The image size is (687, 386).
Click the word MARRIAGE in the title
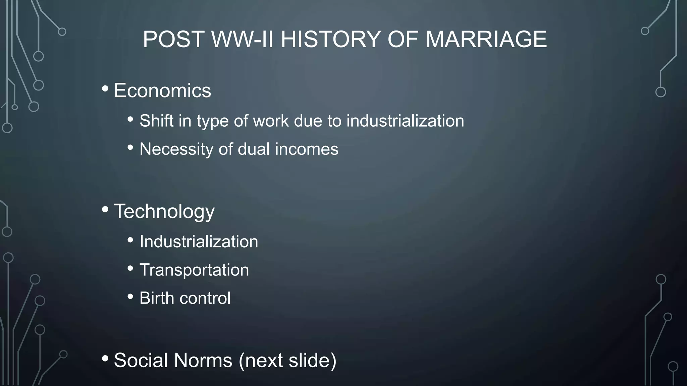pyautogui.click(x=486, y=39)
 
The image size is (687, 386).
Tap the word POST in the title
pyautogui.click(x=173, y=39)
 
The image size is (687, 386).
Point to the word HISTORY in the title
pyautogui.click(x=331, y=39)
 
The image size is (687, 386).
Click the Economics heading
pyautogui.click(x=162, y=90)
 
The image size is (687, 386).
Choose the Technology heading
pyautogui.click(x=164, y=211)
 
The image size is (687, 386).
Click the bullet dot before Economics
pyautogui.click(x=105, y=89)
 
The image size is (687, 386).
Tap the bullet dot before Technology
pyautogui.click(x=105, y=209)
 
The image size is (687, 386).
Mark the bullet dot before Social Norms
pyautogui.click(x=105, y=359)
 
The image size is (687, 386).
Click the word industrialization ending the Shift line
pyautogui.click(x=405, y=121)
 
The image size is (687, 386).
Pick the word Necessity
pyautogui.click(x=176, y=149)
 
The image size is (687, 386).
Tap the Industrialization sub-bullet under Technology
pyautogui.click(x=199, y=242)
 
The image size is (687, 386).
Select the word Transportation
pyautogui.click(x=194, y=270)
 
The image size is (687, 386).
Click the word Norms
pyautogui.click(x=203, y=360)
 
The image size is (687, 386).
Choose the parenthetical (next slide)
pyautogui.click(x=287, y=361)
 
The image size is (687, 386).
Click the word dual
pyautogui.click(x=254, y=149)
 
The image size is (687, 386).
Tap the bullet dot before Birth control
pyautogui.click(x=130, y=297)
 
